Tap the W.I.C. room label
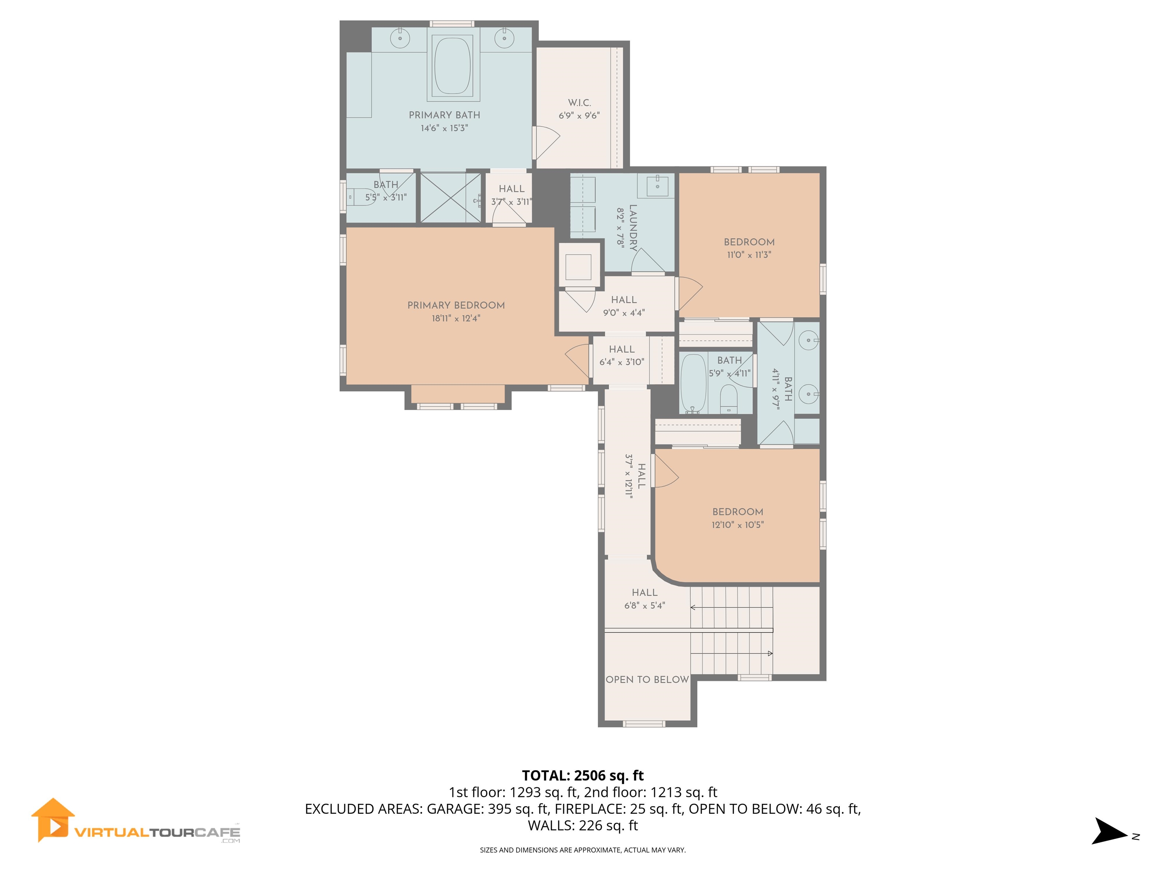pos(579,103)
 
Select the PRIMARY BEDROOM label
pos(456,305)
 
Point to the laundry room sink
pos(657,186)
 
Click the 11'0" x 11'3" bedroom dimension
pos(748,255)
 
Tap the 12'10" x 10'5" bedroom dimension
pos(737,525)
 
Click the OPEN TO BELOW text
pos(647,680)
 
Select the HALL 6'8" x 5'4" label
pos(644,599)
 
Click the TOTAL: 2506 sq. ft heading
pos(583,775)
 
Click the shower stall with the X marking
pos(451,198)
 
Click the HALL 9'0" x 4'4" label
pos(624,305)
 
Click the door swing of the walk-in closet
pos(547,143)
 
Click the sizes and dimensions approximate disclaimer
pos(583,850)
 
